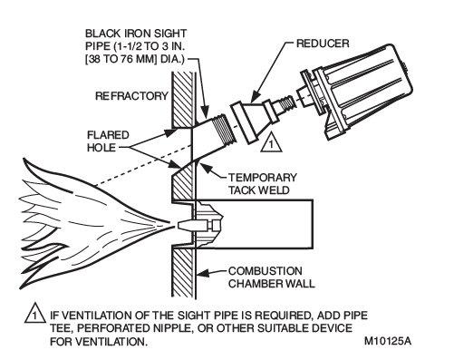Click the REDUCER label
[x=323, y=44]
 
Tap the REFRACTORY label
[x=131, y=96]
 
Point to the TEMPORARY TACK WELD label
[x=262, y=184]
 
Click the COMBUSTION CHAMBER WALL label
[x=271, y=277]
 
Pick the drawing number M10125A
[x=388, y=341]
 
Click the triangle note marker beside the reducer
[x=271, y=142]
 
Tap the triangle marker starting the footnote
[x=35, y=313]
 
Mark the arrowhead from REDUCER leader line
[x=253, y=97]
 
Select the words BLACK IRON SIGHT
[x=136, y=34]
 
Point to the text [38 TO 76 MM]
[x=121, y=59]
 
